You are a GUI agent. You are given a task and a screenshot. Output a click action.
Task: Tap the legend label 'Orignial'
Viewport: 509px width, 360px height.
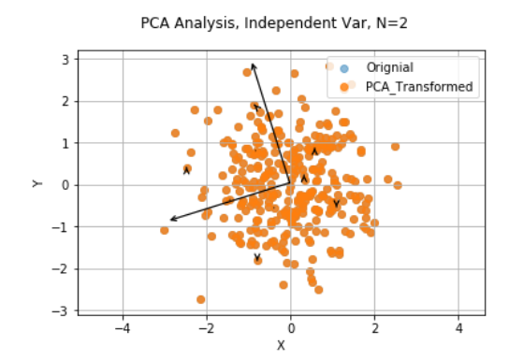point(390,67)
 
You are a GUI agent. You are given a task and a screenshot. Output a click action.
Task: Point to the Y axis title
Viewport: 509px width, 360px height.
point(37,183)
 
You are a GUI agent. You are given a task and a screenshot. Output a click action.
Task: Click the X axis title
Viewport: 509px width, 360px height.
point(280,345)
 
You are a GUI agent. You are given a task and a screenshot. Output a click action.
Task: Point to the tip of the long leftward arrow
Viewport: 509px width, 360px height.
point(168,221)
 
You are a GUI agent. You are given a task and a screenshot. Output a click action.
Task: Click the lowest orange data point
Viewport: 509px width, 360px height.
point(200,299)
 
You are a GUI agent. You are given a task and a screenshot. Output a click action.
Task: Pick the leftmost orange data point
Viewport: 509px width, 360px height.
point(165,229)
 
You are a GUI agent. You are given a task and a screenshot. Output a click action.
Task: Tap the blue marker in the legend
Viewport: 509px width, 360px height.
point(344,67)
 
